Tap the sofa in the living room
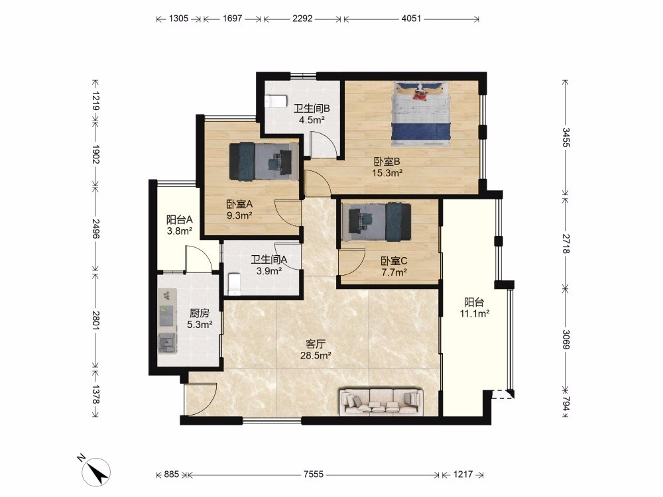coord(381,401)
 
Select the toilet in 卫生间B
coord(276,102)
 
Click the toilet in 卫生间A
coord(234,284)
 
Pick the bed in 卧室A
coord(264,161)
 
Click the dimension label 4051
coord(411,19)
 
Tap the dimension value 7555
coord(314,474)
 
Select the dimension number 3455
coord(566,137)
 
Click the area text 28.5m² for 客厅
coord(316,355)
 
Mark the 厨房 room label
coord(199,313)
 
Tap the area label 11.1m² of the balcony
coord(475,313)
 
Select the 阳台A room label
coord(179,219)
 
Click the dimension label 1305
coord(178,19)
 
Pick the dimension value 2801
coord(95,321)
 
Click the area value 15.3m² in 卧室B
coord(387,172)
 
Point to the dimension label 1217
coord(463,474)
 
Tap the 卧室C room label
coord(394,260)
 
